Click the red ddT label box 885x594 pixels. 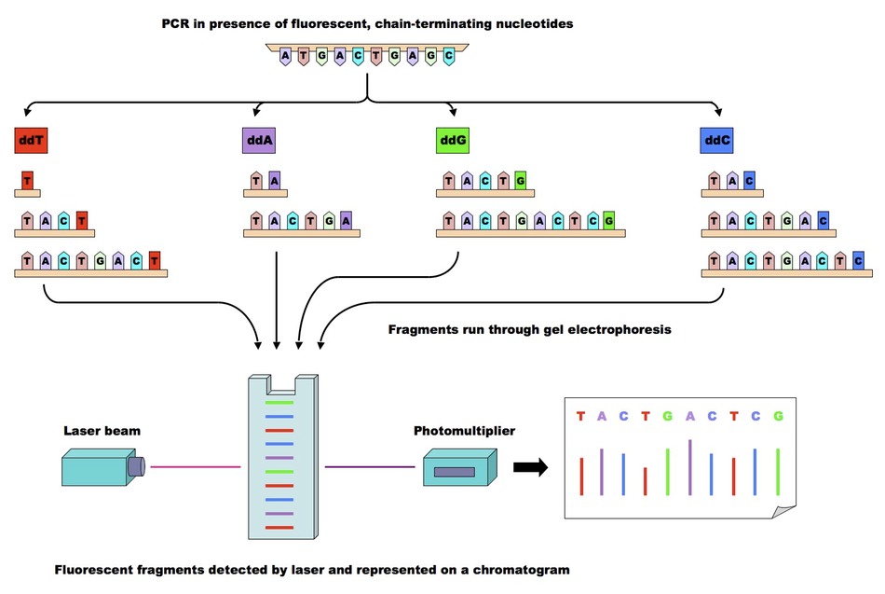(x=31, y=142)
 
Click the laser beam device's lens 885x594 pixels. (x=137, y=465)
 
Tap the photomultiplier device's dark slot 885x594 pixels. (x=454, y=472)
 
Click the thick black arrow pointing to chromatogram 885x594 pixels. (x=530, y=468)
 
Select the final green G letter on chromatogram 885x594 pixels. (x=778, y=416)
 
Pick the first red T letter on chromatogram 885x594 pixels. (x=580, y=416)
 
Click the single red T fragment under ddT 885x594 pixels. (x=27, y=180)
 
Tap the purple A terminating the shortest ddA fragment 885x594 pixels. (x=273, y=180)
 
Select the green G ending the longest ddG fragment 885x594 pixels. (x=608, y=222)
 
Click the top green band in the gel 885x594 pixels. (x=279, y=402)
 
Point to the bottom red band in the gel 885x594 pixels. (x=279, y=528)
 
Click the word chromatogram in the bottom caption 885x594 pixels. (x=522, y=569)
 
